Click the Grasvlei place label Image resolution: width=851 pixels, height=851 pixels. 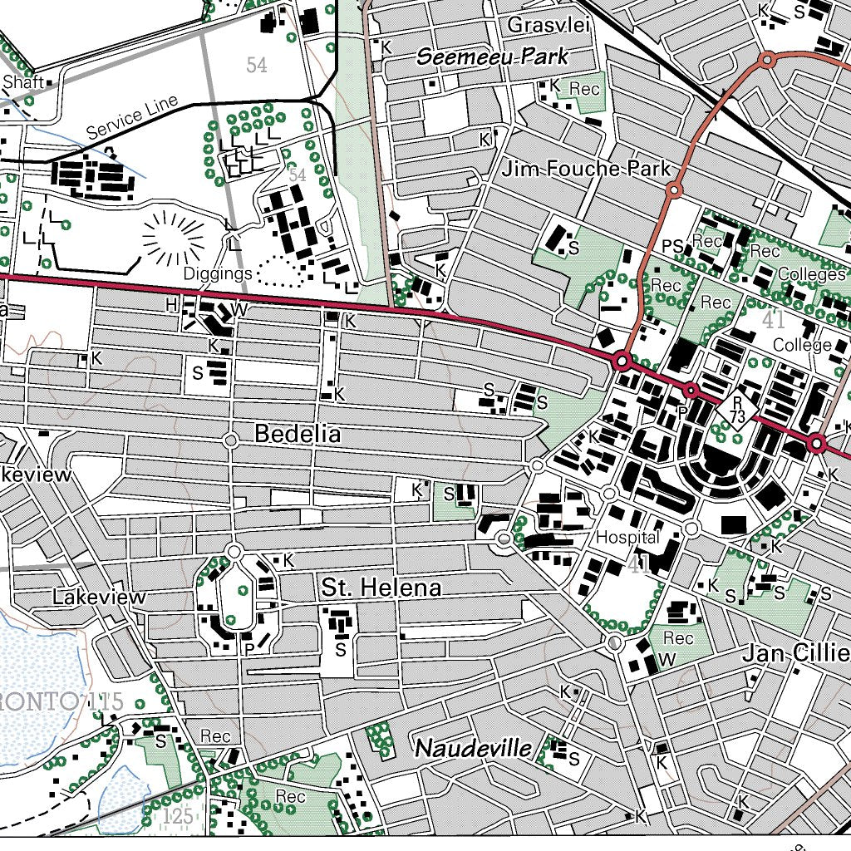(548, 25)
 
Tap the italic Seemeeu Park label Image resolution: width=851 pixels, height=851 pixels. (493, 57)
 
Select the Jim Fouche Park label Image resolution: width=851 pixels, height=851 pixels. (586, 170)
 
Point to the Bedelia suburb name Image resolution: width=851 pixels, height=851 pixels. (298, 434)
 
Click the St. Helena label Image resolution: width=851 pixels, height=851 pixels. (381, 588)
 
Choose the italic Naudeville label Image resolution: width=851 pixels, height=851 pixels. (473, 748)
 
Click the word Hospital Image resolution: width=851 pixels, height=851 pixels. (627, 538)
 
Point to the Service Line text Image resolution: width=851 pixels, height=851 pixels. (132, 117)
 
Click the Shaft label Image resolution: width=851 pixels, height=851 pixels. (22, 82)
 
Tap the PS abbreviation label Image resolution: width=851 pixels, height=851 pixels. (672, 247)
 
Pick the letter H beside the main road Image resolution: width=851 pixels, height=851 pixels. (171, 305)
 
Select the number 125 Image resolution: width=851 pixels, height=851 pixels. (178, 816)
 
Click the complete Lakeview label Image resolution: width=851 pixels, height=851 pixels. (99, 597)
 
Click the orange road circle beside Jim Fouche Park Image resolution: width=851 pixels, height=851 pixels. (675, 191)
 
